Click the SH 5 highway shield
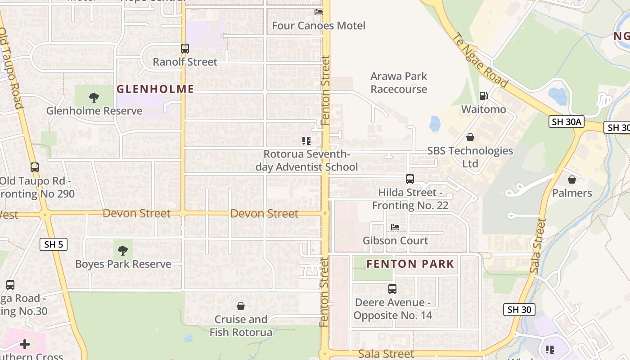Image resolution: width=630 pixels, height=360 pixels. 54,244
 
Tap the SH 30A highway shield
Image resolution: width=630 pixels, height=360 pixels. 567,121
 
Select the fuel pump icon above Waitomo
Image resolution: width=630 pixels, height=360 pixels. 483,95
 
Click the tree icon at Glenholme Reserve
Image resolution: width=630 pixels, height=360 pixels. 94,97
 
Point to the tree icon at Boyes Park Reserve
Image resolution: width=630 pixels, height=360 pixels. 123,250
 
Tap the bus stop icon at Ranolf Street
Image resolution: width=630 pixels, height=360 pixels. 184,49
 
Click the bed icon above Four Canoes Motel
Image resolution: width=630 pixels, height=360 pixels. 319,12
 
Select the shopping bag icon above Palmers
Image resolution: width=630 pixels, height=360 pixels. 571,180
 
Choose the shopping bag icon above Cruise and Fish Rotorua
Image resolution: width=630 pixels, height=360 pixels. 241,306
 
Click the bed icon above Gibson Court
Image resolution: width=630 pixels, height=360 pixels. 395,227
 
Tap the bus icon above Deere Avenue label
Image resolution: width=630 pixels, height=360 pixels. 392,288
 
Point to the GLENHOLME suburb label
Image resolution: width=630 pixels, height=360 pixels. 155,89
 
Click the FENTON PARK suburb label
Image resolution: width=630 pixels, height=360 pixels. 410,264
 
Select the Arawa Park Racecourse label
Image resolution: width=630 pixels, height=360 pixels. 399,83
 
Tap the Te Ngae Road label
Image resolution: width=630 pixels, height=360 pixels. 480,61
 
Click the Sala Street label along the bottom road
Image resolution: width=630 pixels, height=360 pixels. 386,354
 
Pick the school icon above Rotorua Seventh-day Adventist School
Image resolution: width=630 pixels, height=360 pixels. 306,141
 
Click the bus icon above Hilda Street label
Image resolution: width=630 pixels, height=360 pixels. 409,179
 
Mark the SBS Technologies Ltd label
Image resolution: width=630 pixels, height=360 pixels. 470,157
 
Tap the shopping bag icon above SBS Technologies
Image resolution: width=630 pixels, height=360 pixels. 470,137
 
